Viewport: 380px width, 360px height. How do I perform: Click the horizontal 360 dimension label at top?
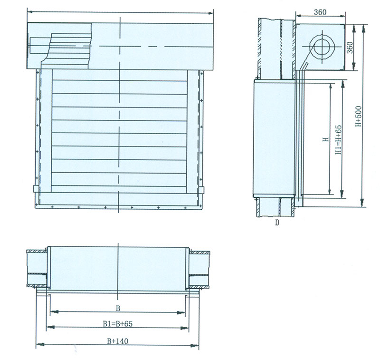320,12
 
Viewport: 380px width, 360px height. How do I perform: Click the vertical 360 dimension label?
350,48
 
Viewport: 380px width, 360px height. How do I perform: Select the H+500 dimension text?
358,116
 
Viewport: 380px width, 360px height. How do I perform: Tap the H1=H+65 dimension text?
338,139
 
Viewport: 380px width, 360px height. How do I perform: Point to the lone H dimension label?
326,139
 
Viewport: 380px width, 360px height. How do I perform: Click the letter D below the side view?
277,223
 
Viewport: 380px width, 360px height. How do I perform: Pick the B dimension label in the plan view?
118,308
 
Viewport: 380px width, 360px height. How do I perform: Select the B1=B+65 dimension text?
117,324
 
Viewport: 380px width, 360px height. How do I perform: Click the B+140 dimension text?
117,341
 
